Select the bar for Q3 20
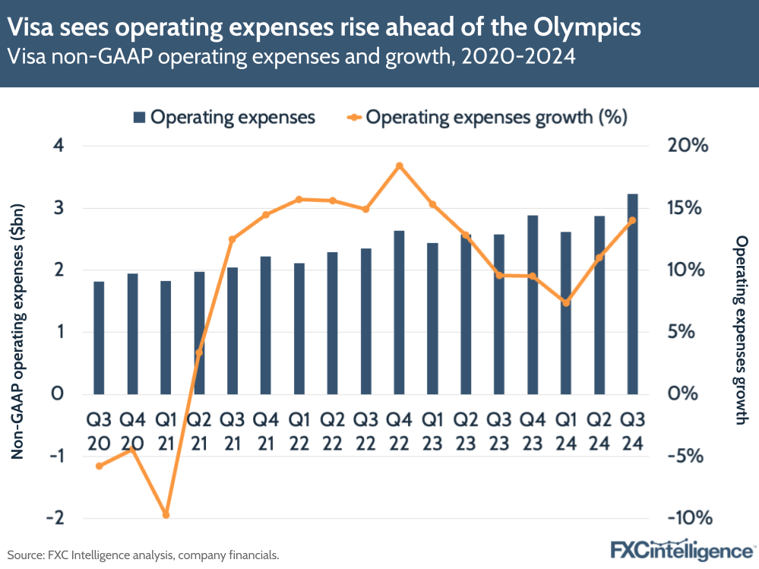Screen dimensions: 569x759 [100, 337]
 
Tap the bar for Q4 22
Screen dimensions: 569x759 [399, 312]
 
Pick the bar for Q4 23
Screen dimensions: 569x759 [532, 305]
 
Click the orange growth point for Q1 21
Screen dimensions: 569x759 [166, 515]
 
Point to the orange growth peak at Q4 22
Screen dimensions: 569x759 [399, 166]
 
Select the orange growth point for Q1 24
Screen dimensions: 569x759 [565, 303]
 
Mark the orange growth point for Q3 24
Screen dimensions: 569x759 [632, 220]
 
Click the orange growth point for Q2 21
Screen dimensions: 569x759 [199, 352]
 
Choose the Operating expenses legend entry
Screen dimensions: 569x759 [224, 117]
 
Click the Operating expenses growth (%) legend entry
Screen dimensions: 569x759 [486, 117]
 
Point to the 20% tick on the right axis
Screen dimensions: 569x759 [688, 146]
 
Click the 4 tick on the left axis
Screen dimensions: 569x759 [59, 146]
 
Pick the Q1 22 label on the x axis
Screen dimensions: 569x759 [299, 430]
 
